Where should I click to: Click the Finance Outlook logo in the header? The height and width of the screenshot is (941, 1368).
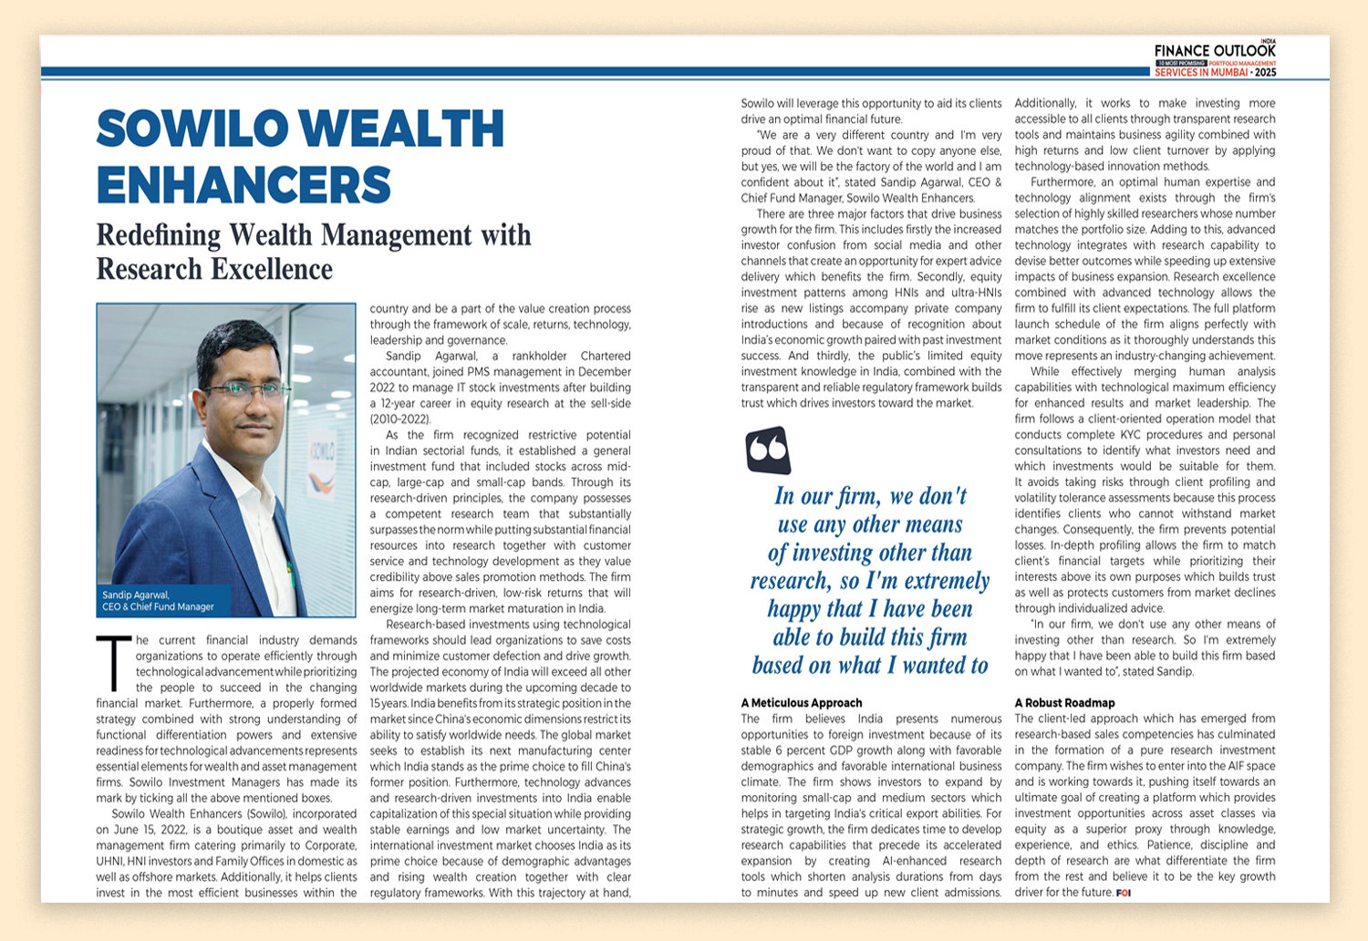click(1215, 51)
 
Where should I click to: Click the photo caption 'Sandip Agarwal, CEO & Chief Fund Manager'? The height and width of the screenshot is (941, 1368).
click(159, 601)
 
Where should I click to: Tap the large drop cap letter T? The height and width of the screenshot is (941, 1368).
click(113, 664)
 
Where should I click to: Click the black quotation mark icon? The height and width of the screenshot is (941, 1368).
click(768, 450)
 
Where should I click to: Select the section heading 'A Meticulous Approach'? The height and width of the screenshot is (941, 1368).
click(802, 703)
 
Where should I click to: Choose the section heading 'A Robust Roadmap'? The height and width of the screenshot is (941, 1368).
click(1064, 703)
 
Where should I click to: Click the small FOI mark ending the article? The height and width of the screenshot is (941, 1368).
click(1124, 893)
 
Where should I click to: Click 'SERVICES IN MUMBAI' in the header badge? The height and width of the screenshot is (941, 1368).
click(1202, 72)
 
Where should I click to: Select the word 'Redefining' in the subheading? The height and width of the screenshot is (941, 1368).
click(159, 235)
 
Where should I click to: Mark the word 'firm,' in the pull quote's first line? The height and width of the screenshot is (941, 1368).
click(856, 497)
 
